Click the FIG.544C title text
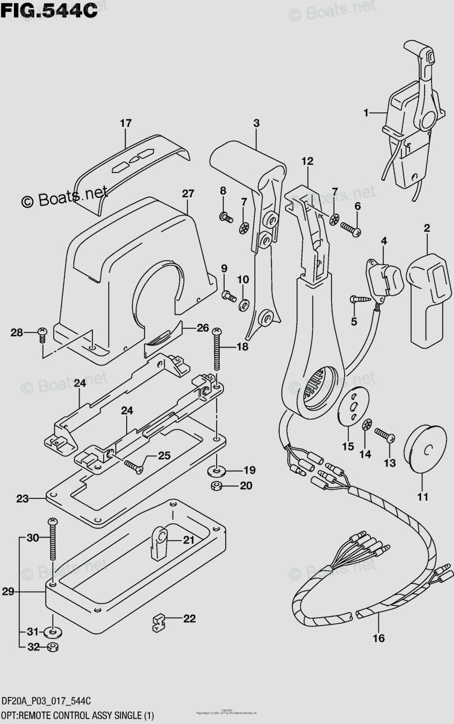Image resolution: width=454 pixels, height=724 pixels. point(49,10)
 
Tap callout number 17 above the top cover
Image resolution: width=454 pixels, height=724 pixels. point(125,124)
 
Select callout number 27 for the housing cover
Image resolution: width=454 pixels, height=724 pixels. point(188,194)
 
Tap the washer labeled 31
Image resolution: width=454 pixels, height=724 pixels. point(53,632)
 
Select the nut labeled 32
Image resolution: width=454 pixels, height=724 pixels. point(53,647)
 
